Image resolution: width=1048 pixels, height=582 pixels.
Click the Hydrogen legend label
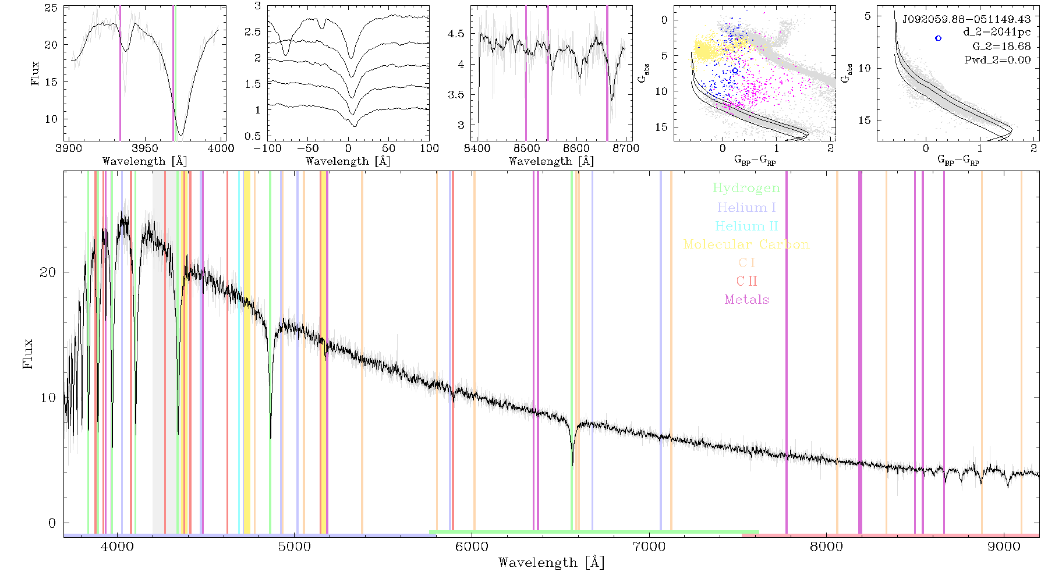pos(746,189)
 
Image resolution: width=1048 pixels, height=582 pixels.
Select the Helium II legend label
pos(746,226)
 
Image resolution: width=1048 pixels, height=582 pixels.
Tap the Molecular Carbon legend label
pos(746,244)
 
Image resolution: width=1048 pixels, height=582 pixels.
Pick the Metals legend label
pos(747,300)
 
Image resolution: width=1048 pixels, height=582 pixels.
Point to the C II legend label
pos(747,281)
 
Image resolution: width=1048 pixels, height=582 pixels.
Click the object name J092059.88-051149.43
pos(966,19)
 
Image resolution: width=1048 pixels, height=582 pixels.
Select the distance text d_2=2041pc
pos(997,33)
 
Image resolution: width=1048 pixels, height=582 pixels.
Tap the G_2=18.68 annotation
pos(1001,47)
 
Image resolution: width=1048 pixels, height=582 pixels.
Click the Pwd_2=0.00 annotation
pos(997,60)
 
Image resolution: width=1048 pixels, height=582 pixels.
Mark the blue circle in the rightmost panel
pos(938,38)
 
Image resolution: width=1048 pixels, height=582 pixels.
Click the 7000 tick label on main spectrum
pos(649,546)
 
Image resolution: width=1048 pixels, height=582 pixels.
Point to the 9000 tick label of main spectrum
pos(1004,546)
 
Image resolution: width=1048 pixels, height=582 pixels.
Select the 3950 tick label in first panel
pos(145,148)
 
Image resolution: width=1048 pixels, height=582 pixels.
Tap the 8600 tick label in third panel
pos(576,148)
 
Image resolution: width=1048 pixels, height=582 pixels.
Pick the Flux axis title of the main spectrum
pos(27,354)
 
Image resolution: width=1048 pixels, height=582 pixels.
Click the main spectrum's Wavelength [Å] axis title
pos(551,563)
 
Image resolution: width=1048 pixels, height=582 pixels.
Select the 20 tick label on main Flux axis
pos(48,272)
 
